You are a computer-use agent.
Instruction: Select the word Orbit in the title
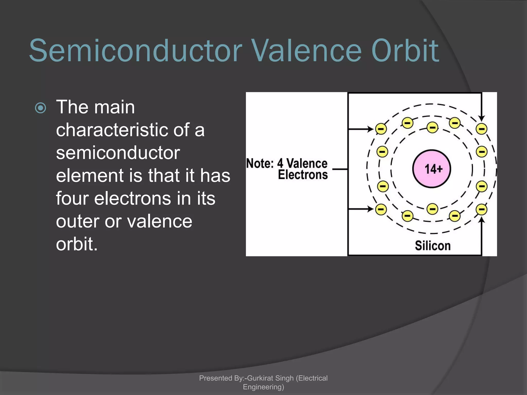405,51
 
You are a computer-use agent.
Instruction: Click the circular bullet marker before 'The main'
40,108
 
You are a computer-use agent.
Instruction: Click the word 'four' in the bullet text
72,198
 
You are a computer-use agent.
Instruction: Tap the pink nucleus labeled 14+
432,169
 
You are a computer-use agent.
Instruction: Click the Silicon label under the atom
433,246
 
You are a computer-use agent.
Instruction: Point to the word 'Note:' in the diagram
260,164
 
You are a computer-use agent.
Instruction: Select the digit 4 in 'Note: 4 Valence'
280,164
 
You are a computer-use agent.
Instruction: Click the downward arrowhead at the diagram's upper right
482,118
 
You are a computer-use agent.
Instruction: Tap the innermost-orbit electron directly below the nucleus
432,209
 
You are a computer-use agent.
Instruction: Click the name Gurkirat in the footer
260,378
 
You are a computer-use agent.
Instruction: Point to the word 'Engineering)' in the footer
263,387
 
